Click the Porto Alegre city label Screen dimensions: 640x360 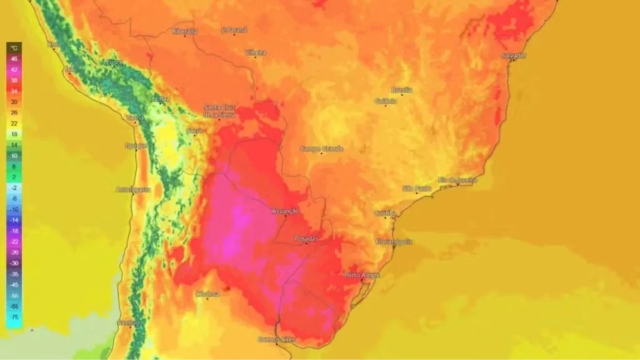point(362,275)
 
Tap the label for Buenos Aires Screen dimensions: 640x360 point(276,339)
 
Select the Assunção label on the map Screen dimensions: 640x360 point(286,211)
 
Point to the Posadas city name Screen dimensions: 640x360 point(306,239)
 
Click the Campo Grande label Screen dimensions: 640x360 point(321,149)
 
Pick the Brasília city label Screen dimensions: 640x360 point(402,90)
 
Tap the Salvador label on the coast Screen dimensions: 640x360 point(514,56)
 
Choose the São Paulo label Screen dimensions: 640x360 point(416,187)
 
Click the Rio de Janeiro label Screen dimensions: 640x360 point(457,180)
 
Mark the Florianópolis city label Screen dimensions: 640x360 point(394,241)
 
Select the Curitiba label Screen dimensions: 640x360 point(386,213)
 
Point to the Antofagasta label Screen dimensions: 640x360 point(133,189)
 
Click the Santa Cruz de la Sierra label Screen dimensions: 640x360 point(219,111)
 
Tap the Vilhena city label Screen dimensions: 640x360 point(256,52)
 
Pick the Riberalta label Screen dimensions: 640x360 point(184,31)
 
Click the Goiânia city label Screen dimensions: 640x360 point(386,101)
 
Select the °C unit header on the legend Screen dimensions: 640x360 point(14,47)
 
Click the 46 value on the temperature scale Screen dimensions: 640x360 point(14,58)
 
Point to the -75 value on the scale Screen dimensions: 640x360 point(14,317)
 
